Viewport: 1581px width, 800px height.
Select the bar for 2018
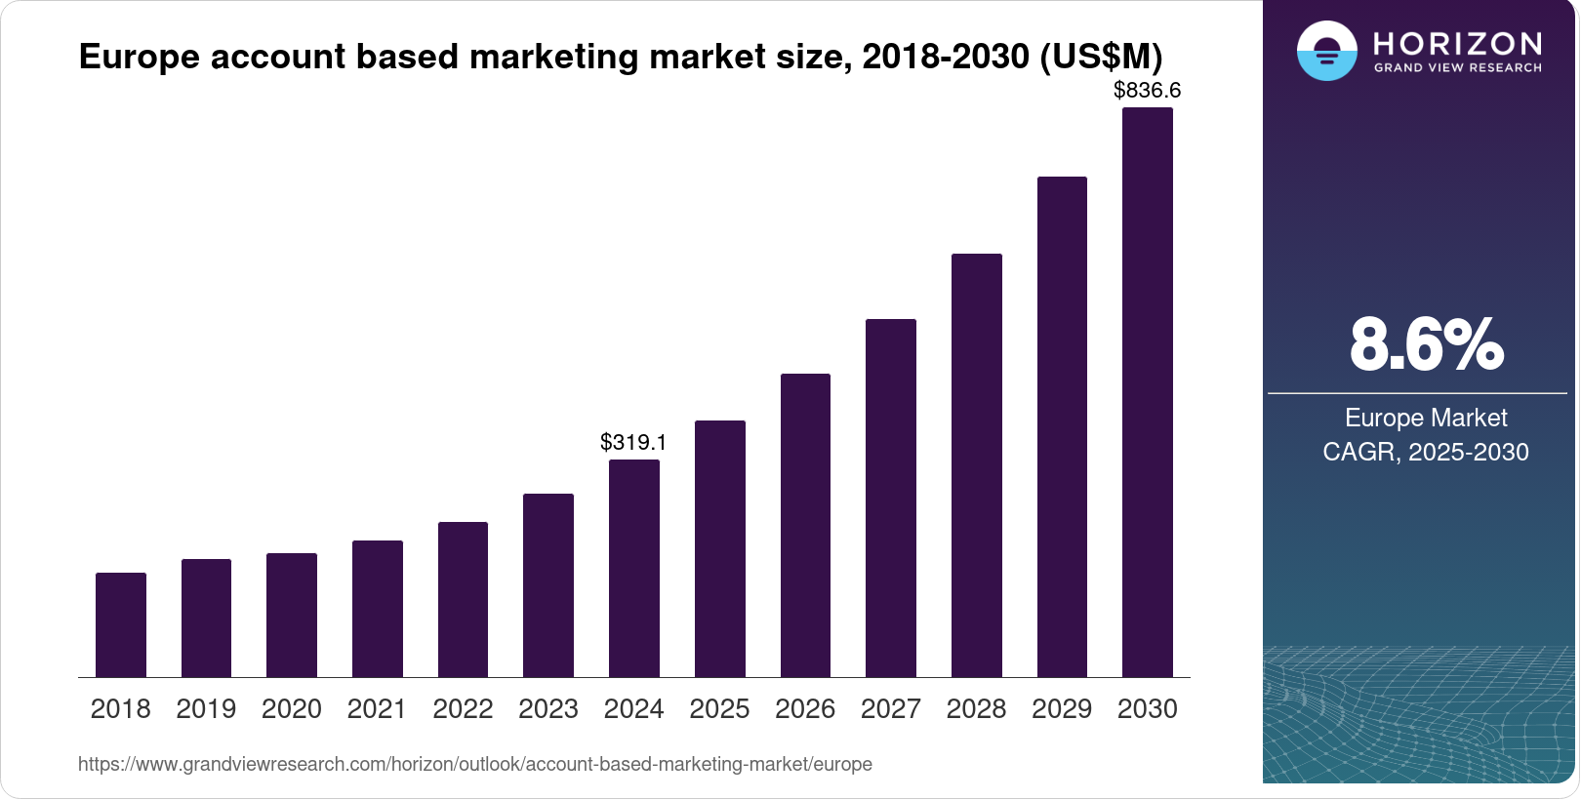pos(121,624)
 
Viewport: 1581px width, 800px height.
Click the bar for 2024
pos(634,568)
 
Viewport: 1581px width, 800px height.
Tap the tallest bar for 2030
pos(1148,392)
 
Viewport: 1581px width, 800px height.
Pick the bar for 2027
pos(891,498)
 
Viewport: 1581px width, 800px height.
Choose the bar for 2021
pos(378,609)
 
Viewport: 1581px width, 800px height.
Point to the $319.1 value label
pos(633,442)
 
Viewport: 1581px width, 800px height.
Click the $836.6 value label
pos(1147,91)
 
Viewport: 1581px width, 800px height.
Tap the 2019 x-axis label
pos(206,708)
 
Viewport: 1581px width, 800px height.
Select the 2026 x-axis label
pos(805,708)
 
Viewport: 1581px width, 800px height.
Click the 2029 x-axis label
pos(1062,708)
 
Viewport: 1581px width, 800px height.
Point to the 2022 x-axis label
pos(463,708)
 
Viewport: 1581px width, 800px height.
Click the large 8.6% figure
pos(1426,344)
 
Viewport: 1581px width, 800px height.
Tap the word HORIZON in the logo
pos(1457,44)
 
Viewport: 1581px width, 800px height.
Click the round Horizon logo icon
pos(1326,51)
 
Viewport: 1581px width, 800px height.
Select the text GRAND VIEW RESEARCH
pos(1457,68)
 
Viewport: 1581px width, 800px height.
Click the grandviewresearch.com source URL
pos(475,764)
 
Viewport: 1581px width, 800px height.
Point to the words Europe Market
pos(1426,418)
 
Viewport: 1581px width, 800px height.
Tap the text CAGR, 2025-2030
pos(1426,452)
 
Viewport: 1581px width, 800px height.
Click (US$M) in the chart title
pos(1101,57)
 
